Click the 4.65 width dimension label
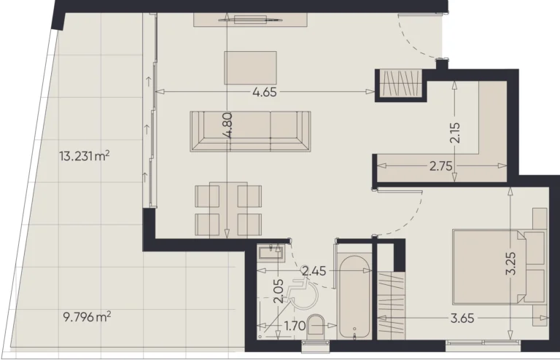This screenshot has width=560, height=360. tap(267, 93)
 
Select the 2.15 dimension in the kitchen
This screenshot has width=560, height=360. tap(454, 132)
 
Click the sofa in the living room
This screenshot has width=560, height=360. tap(250, 131)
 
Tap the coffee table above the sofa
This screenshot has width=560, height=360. tap(251, 68)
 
